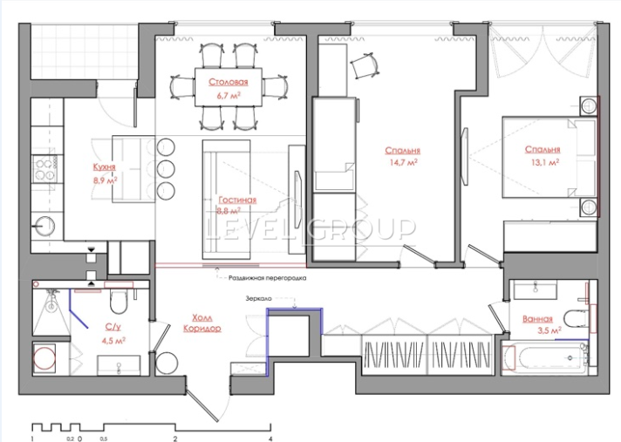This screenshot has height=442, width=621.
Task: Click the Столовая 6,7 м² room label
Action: [229, 88]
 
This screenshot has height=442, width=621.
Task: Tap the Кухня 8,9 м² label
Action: [105, 173]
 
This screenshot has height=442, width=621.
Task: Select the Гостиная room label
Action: [237, 200]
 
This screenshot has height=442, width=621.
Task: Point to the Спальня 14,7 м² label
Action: [402, 156]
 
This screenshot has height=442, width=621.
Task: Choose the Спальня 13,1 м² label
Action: [543, 155]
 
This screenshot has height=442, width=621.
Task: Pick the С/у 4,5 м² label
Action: [113, 333]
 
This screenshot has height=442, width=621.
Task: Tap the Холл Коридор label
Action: [202, 323]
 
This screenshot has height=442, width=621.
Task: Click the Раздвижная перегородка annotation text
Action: [268, 278]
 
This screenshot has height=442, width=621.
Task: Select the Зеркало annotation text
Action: [259, 298]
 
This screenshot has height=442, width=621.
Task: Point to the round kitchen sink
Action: [44, 227]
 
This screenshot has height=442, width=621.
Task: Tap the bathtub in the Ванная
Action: [544, 358]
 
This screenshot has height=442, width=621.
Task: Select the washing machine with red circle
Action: [44, 357]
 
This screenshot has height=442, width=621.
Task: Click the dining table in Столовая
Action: [229, 87]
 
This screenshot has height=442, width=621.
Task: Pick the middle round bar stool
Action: [166, 169]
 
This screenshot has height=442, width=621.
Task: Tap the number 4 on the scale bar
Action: [270, 439]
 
